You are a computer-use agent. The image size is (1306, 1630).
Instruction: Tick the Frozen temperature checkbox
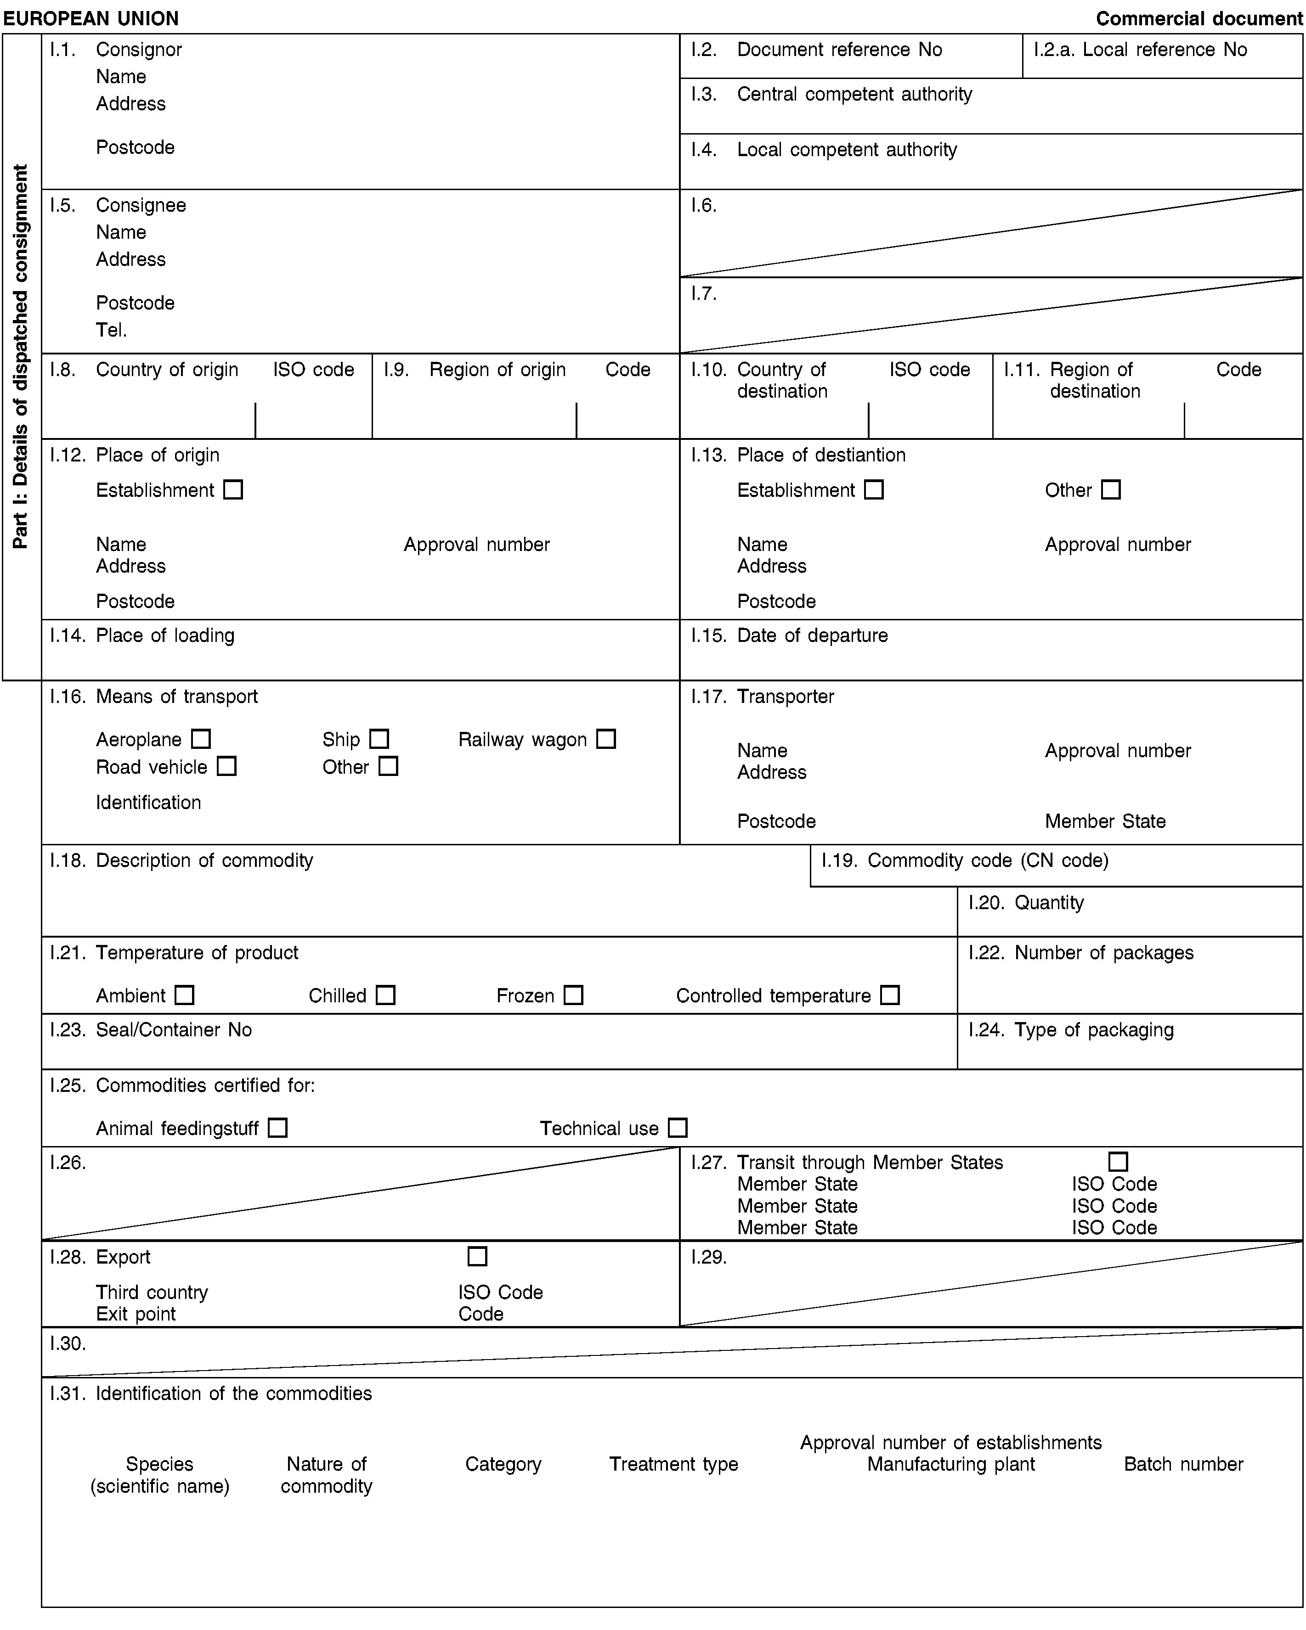tap(573, 995)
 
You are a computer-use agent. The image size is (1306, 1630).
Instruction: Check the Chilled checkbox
tap(386, 995)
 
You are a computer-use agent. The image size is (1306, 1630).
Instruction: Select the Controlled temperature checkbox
tap(890, 995)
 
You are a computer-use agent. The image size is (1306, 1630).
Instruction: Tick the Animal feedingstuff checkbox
tap(277, 1128)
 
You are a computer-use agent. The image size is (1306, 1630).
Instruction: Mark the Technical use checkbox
tap(678, 1128)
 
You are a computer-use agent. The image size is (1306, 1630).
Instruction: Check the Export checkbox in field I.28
tap(477, 1257)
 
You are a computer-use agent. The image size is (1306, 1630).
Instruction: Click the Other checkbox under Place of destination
tap(1110, 490)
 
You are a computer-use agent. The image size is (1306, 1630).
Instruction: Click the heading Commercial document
tap(1199, 18)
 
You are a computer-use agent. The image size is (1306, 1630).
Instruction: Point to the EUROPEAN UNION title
tap(91, 18)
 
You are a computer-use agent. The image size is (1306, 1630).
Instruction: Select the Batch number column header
tap(1183, 1464)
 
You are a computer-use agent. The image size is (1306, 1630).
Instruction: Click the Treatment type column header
tap(674, 1464)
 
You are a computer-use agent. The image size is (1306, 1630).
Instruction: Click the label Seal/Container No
tap(174, 1030)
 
